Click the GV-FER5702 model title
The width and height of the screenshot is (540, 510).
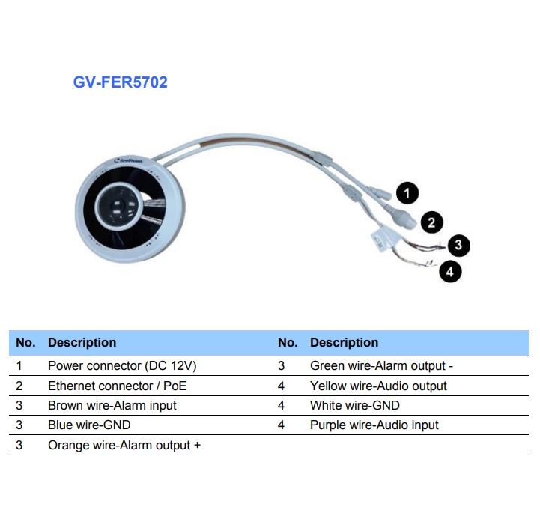(120, 82)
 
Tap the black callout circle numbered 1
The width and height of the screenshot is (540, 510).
(407, 193)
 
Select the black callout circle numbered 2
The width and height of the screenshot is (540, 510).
(431, 222)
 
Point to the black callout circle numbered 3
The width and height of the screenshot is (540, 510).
(458, 245)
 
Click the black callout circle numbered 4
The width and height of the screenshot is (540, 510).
(449, 271)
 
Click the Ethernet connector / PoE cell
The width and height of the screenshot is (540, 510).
(117, 386)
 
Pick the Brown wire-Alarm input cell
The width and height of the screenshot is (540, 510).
(112, 405)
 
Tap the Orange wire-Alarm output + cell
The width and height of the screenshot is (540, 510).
(124, 445)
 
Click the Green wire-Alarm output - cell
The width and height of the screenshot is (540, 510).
(381, 366)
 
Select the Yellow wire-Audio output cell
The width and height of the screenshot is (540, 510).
(378, 386)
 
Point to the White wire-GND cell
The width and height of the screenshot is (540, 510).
(354, 405)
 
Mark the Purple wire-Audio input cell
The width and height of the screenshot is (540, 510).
(374, 425)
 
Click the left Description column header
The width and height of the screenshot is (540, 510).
(82, 343)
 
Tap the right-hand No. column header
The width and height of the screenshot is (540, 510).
(288, 343)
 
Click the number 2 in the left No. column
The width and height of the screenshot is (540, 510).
(19, 386)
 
